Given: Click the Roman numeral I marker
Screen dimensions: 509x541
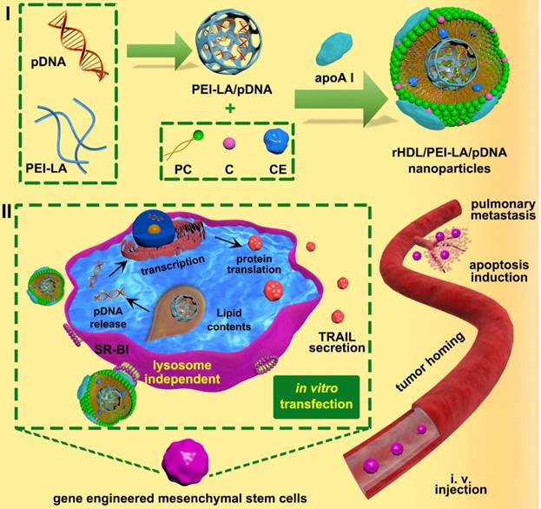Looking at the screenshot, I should pos(9,12).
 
